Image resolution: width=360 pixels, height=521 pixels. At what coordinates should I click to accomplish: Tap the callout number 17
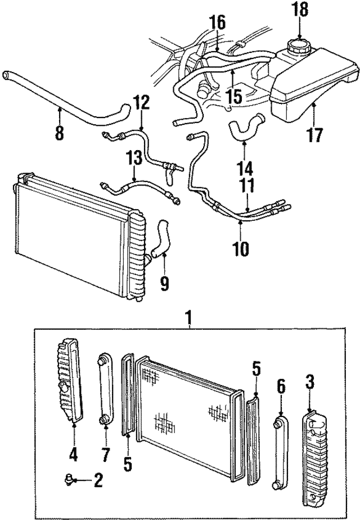(x=316, y=135)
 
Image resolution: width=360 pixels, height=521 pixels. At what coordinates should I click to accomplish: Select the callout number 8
(x=59, y=133)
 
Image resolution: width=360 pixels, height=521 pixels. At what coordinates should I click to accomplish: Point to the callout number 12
(x=142, y=103)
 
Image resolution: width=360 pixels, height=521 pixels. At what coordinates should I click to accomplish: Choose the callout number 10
(x=241, y=247)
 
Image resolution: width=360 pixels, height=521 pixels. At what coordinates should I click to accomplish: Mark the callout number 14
(x=244, y=167)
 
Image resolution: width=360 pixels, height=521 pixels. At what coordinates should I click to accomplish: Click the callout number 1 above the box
(x=190, y=319)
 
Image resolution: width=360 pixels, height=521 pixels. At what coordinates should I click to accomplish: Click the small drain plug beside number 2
(x=69, y=479)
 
